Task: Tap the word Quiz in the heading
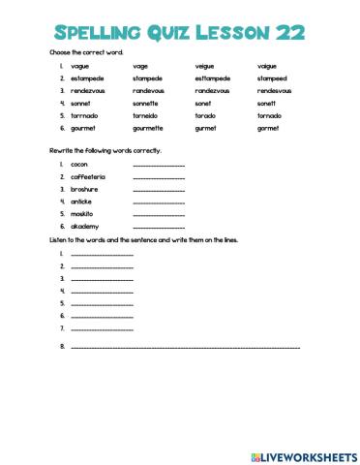click(x=177, y=33)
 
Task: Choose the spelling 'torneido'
click(x=146, y=115)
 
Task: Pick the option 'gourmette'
click(x=150, y=128)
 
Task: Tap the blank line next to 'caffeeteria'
click(x=158, y=178)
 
